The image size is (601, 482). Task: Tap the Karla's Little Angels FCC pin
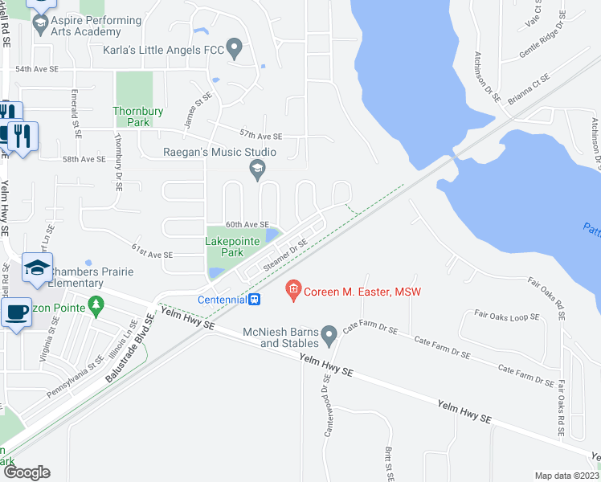tap(235, 49)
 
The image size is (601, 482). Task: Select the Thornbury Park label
tap(132, 117)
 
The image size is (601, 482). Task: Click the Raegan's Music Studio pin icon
tap(257, 167)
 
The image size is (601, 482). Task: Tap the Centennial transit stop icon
tap(255, 300)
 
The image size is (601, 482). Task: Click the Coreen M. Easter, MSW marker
tap(292, 289)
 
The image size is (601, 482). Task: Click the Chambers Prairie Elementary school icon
tap(35, 268)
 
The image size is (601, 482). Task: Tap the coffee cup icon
tap(15, 312)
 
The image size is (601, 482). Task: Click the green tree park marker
tap(97, 304)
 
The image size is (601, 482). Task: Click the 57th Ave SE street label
tap(260, 137)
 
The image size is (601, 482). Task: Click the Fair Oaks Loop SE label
tap(506, 317)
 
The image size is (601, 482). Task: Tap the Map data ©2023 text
tap(566, 476)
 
